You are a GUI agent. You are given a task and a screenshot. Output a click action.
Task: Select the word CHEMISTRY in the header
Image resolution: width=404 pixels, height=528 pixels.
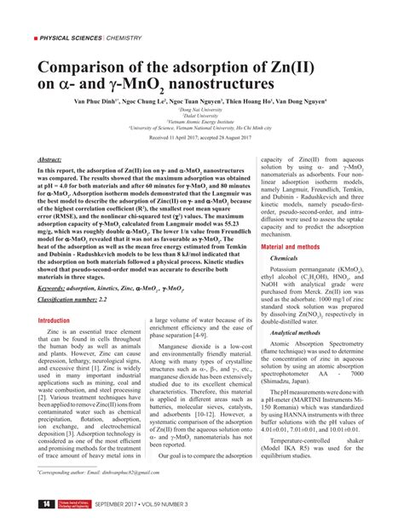coord(127,39)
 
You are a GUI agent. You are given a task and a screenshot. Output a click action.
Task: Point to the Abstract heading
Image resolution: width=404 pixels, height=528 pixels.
coord(49,158)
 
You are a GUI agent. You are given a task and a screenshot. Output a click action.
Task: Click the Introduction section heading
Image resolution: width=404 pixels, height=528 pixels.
coord(53,296)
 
